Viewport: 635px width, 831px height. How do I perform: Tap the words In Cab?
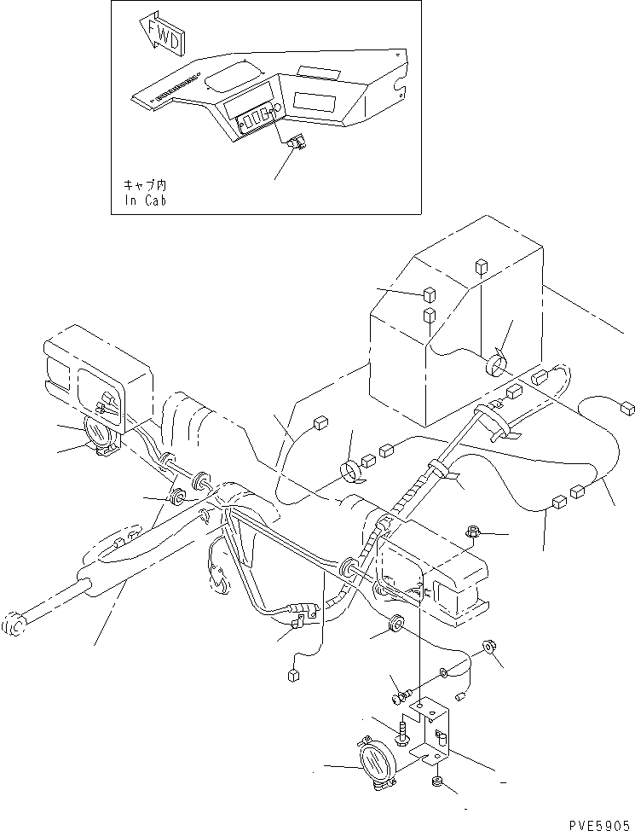(x=146, y=200)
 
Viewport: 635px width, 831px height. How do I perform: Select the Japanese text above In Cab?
(x=145, y=185)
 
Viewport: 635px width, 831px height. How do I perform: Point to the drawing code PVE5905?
(x=601, y=825)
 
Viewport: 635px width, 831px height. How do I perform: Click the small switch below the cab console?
(x=297, y=142)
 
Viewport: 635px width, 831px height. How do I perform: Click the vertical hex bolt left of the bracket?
(x=402, y=732)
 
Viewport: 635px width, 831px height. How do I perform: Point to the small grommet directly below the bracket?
(x=437, y=780)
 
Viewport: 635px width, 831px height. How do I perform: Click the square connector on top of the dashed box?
(x=481, y=265)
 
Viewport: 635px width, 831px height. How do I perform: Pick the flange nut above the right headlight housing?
(x=472, y=531)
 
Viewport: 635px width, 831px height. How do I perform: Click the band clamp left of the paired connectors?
(x=349, y=472)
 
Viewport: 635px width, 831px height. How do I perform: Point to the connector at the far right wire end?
(x=627, y=408)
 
